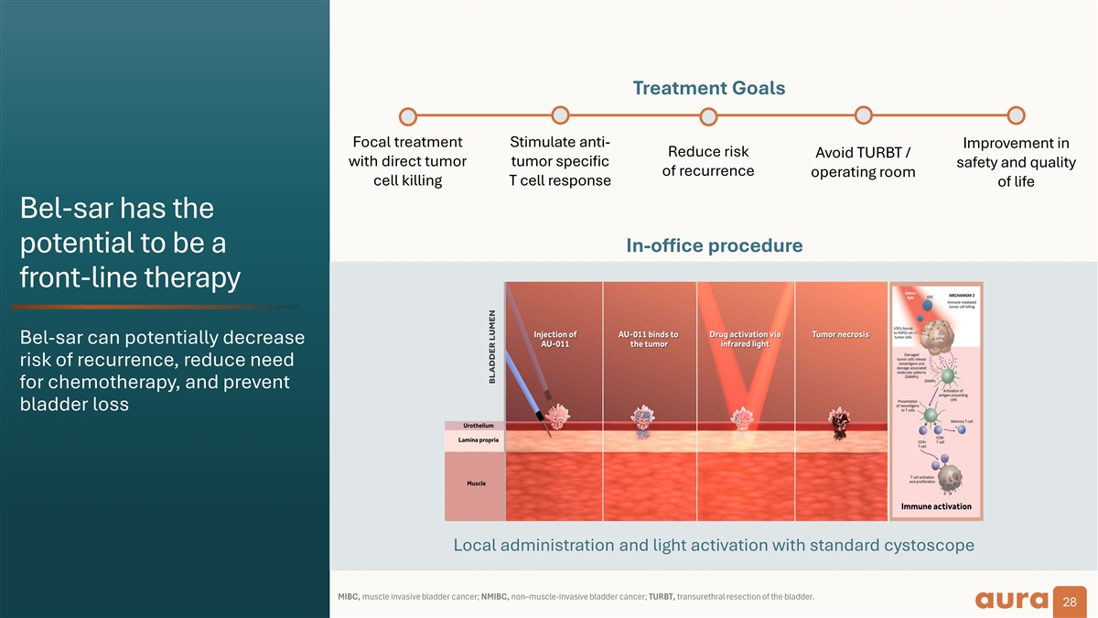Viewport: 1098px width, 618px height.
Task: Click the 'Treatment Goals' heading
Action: tap(708, 88)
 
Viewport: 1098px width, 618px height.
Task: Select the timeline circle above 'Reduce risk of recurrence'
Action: tap(708, 117)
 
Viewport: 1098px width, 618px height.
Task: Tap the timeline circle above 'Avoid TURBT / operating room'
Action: tap(862, 114)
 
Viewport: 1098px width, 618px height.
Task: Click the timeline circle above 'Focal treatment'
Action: tap(408, 117)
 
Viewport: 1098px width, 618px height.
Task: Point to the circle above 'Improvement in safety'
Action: tap(1016, 115)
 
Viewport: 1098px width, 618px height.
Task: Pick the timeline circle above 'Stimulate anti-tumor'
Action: tap(560, 114)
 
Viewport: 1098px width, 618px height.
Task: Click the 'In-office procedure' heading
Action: tap(714, 245)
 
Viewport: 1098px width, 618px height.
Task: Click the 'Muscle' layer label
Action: tap(476, 483)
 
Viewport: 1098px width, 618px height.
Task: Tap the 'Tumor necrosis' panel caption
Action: tap(840, 334)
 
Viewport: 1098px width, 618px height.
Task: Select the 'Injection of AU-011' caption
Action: tap(554, 340)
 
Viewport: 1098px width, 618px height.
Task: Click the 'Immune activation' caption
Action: tap(936, 506)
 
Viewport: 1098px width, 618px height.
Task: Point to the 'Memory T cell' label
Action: tap(961, 421)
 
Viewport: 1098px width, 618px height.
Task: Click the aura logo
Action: tap(1011, 600)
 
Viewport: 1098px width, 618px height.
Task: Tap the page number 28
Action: tap(1069, 602)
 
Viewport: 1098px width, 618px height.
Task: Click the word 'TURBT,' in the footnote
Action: tap(662, 598)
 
